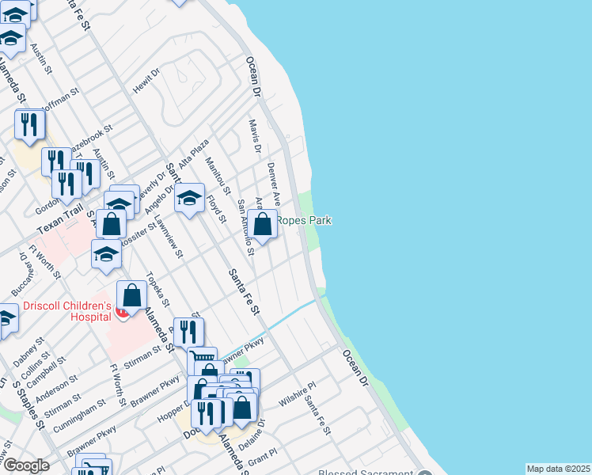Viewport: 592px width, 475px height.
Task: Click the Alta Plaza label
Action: point(195,154)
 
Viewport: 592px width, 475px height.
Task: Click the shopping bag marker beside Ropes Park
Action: point(263,224)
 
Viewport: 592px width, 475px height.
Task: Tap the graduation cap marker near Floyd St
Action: point(190,199)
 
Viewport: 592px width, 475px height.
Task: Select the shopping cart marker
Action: point(203,361)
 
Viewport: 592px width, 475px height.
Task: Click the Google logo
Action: point(26,465)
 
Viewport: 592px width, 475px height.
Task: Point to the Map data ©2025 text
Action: point(557,469)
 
